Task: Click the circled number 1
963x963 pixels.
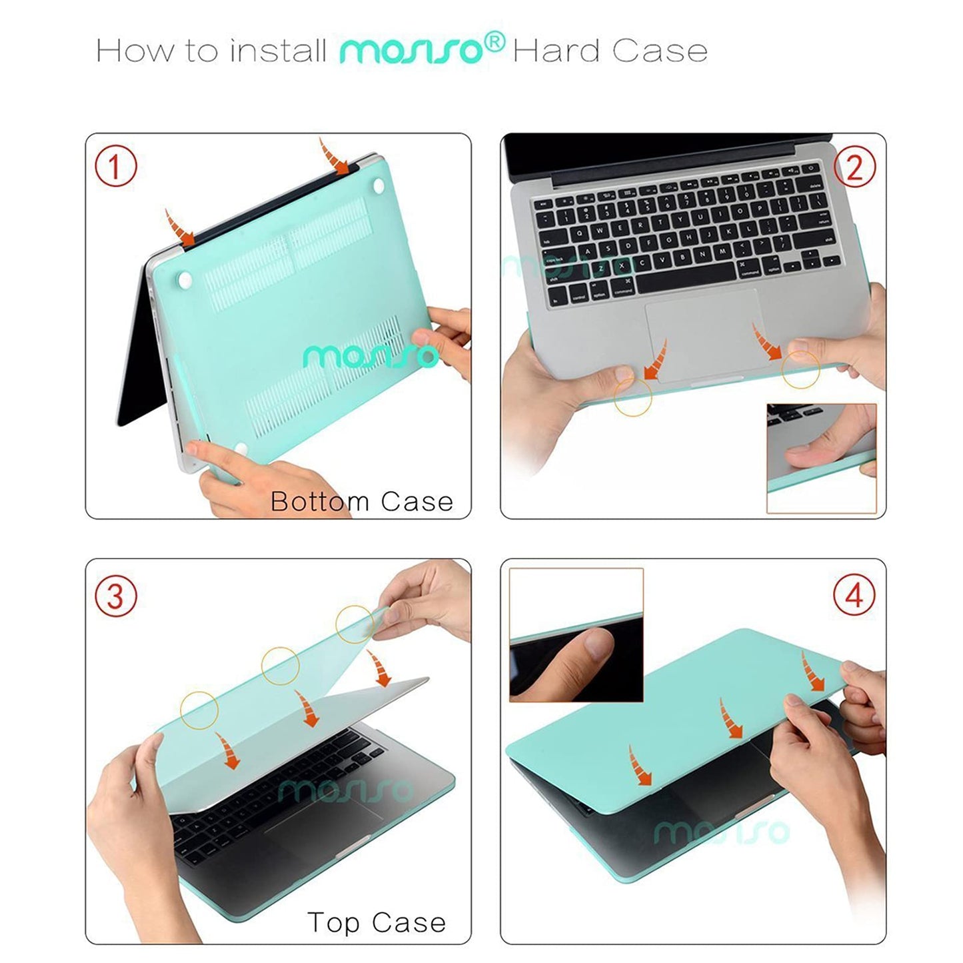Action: coord(115,166)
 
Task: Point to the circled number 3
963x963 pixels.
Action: coord(115,595)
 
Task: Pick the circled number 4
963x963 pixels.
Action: coord(854,594)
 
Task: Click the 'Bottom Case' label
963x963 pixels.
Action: coord(361,501)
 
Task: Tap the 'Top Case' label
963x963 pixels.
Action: coord(377,922)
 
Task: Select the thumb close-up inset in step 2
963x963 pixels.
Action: coord(821,458)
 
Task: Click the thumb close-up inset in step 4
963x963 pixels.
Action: coord(576,635)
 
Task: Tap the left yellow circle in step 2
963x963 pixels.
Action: coord(632,398)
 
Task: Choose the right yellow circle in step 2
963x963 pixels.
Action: coord(800,370)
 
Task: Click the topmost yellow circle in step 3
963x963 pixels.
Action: coord(355,624)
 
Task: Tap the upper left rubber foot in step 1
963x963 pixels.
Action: coord(185,281)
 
